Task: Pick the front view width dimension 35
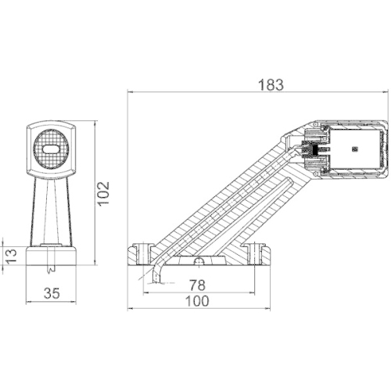52,294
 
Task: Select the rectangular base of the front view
52,255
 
